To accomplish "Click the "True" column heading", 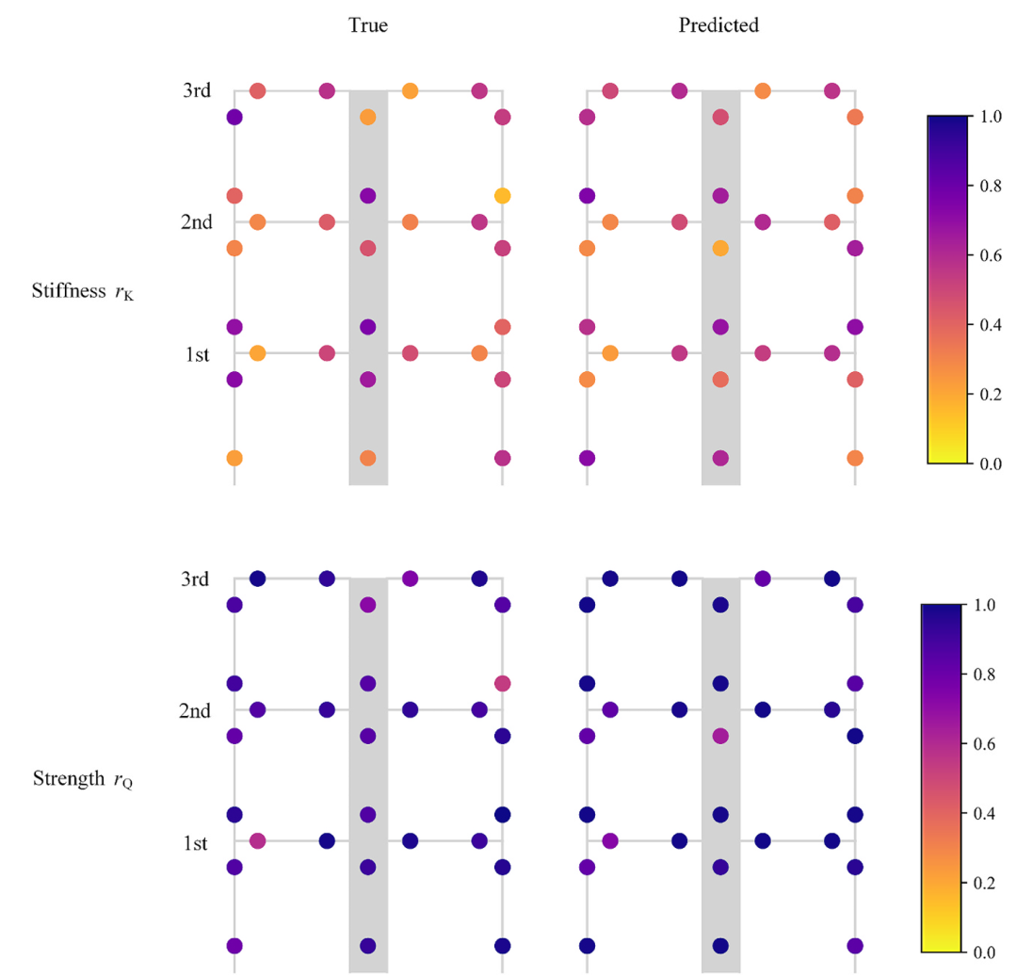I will point(367,26).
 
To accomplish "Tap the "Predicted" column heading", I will point(718,26).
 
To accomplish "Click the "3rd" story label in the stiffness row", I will point(197,91).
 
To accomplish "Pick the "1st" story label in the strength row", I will point(196,842).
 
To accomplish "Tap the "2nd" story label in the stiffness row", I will point(195,223).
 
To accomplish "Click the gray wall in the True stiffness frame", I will point(368,415).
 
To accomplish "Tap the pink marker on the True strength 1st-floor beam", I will point(257,840).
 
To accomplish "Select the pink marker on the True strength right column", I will point(502,682).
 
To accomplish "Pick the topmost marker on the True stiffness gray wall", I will point(368,117).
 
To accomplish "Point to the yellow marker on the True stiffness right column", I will point(502,196).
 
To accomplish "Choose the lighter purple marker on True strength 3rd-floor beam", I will point(410,578).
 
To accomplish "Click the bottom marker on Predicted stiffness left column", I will point(587,458).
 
